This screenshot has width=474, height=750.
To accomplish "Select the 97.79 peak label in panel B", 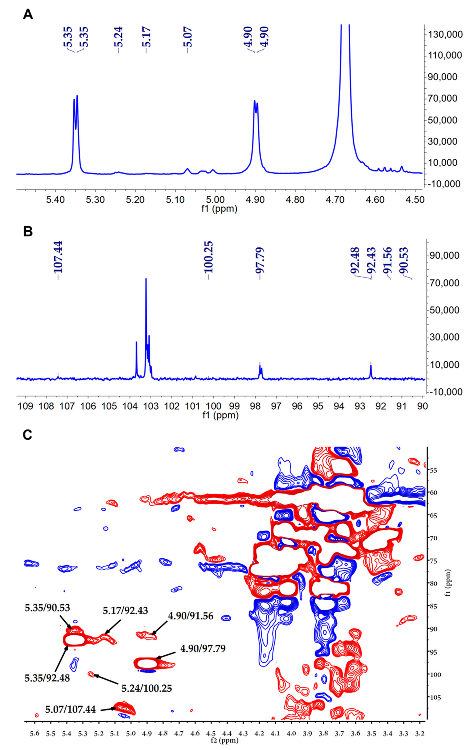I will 260,260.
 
